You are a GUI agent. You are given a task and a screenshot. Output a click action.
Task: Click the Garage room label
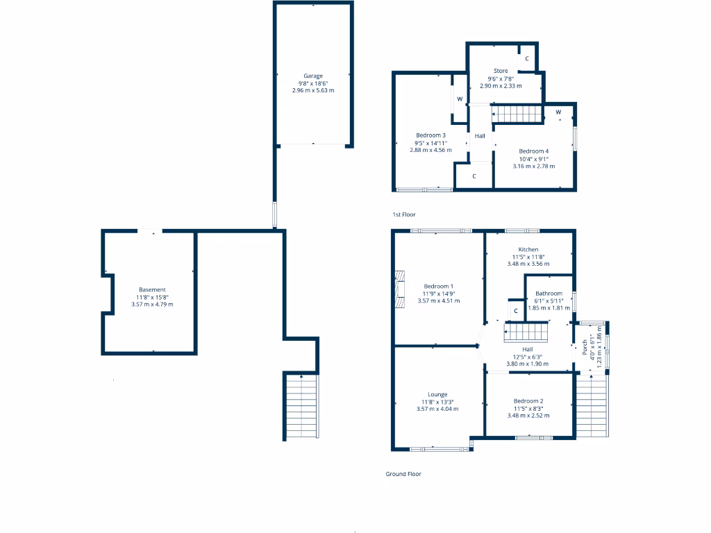click(313, 76)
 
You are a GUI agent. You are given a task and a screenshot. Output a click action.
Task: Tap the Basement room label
click(152, 289)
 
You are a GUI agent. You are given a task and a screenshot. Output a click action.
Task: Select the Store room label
click(501, 71)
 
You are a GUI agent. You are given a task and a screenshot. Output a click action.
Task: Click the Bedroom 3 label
click(430, 135)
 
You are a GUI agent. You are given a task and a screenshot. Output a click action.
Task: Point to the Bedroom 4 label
click(533, 151)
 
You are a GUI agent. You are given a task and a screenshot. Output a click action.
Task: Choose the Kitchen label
click(528, 250)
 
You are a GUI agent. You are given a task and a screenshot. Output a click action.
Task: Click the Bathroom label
click(549, 294)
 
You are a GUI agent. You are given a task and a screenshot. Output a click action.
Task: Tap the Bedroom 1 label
click(438, 286)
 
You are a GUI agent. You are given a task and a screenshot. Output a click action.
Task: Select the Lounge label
click(437, 394)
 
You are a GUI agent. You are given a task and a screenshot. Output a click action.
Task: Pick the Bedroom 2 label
click(528, 401)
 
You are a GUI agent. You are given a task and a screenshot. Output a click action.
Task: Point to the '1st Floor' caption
click(404, 215)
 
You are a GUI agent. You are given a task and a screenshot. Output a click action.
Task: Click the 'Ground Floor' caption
click(403, 474)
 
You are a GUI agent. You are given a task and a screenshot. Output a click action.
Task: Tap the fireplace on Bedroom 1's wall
click(399, 289)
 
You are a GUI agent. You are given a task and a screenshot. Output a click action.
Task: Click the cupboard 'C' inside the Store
click(527, 59)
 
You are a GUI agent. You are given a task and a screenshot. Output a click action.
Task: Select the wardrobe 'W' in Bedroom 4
click(558, 112)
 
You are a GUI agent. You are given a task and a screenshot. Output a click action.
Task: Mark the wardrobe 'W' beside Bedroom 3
click(460, 99)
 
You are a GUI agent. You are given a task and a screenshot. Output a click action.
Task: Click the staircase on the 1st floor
click(517, 114)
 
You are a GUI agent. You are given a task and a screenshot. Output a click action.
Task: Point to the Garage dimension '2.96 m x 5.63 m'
click(313, 90)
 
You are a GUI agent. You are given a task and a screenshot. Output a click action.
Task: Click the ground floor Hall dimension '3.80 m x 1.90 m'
click(528, 364)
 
